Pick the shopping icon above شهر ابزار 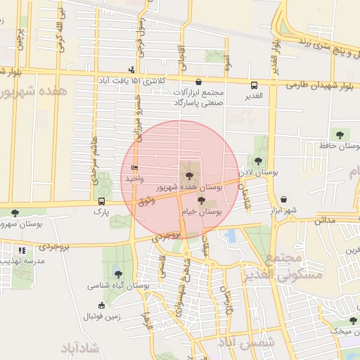pos(283,199)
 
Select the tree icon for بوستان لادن pos(259,161)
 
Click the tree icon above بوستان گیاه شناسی pos(117,274)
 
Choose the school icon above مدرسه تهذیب pos(22,250)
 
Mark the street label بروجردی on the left pos(53,247)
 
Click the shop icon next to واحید pos(134,168)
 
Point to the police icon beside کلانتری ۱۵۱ pos(131,70)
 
